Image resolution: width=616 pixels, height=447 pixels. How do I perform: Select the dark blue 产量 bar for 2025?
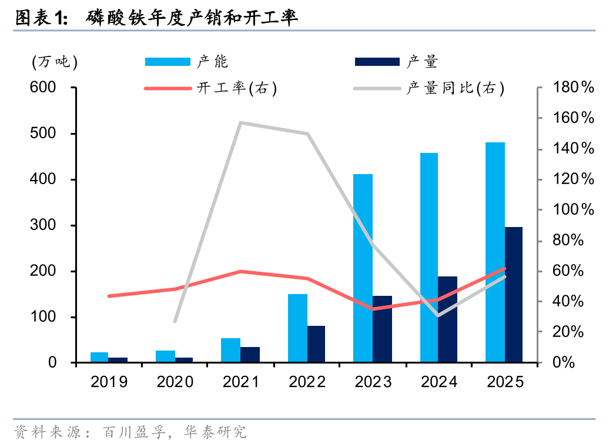[513, 294]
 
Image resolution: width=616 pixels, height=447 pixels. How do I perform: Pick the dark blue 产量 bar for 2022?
[316, 343]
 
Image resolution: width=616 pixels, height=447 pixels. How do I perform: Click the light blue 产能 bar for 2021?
[230, 350]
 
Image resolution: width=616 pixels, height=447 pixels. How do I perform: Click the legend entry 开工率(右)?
[235, 89]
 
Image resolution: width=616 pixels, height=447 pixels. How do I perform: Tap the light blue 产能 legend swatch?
[168, 62]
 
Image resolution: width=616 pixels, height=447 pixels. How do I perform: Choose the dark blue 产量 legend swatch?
[377, 62]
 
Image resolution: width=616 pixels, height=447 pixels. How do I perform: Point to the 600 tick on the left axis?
[45, 88]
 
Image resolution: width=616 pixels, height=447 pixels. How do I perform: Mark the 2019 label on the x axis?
[109, 382]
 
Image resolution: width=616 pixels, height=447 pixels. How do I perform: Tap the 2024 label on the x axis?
[439, 382]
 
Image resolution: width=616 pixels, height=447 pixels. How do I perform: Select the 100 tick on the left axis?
[45, 317]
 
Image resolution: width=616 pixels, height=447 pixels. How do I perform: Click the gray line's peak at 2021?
[241, 122]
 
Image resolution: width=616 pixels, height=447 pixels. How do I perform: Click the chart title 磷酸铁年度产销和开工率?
[192, 18]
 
